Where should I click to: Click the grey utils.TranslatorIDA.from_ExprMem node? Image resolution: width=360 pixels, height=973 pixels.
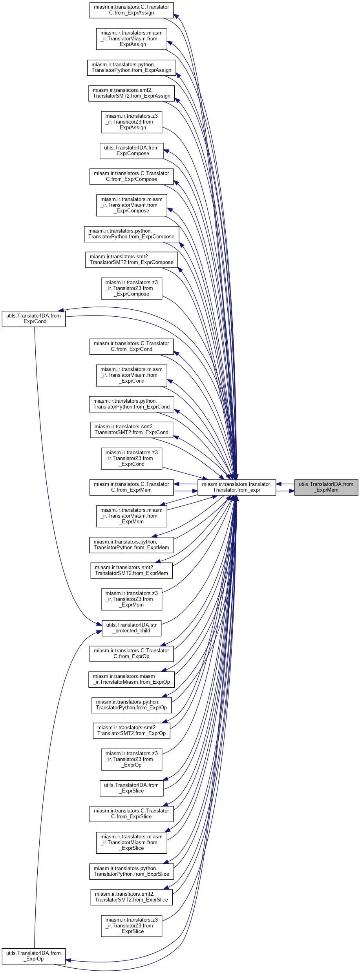tap(326, 487)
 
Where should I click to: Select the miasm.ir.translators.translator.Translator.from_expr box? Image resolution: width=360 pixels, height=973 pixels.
tap(237, 487)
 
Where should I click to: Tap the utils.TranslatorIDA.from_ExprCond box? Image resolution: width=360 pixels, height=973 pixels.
tap(34, 319)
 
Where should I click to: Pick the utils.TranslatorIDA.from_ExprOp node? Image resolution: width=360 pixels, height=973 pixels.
tap(34, 956)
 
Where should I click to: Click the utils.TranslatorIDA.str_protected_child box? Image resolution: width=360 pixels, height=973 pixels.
tap(132, 628)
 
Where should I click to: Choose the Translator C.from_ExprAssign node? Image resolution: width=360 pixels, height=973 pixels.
tap(132, 10)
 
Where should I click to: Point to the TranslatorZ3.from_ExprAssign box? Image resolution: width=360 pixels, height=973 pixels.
tap(132, 122)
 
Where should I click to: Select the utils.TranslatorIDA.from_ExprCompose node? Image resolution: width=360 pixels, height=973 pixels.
tap(132, 151)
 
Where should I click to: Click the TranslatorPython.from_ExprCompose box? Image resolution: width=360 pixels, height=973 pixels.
tap(132, 234)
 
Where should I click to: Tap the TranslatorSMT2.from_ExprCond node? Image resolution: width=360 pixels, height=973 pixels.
tap(132, 430)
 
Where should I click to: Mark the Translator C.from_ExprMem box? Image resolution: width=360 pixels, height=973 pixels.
tap(132, 487)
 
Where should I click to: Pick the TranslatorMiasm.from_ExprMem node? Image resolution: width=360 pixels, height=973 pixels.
tap(132, 516)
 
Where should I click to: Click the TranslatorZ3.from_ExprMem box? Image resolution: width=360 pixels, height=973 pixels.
tap(132, 599)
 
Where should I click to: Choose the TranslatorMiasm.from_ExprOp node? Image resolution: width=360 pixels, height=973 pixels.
tap(132, 679)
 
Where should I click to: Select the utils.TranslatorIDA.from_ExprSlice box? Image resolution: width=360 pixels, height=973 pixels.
tap(132, 788)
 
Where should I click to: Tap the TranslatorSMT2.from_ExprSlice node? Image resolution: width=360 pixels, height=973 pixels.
tap(132, 897)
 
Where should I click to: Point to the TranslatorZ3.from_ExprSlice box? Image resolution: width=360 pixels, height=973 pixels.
tap(132, 926)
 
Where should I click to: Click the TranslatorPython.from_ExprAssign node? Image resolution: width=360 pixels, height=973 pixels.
tap(132, 68)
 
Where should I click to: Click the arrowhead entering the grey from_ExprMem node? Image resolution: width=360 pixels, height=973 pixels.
tap(292, 491)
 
